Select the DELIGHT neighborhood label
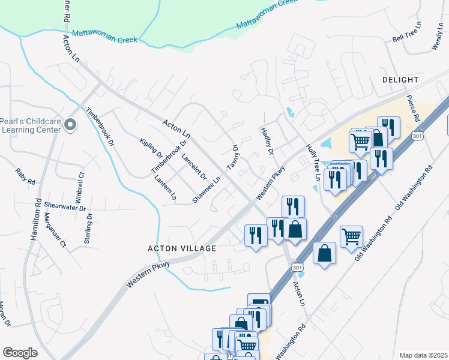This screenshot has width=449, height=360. (x=400, y=80)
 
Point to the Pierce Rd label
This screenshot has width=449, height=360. (x=415, y=107)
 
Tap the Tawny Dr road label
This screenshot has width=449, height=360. (x=232, y=157)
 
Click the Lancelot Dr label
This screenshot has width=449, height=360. (x=193, y=168)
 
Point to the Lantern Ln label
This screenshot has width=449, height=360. (x=165, y=187)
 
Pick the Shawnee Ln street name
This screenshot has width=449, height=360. (x=206, y=189)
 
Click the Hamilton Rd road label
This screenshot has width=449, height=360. (x=35, y=220)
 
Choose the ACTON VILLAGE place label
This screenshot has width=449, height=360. (x=181, y=248)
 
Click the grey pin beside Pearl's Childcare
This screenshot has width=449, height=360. (x=70, y=125)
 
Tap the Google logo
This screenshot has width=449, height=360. (x=20, y=353)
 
